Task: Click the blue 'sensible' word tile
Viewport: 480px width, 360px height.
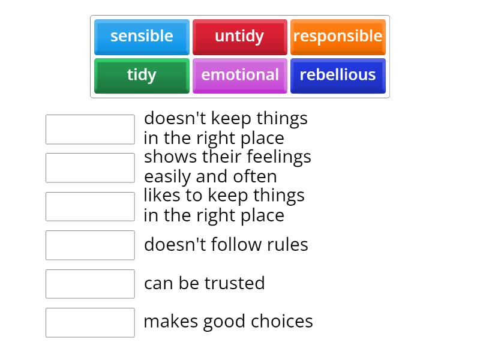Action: pos(142,37)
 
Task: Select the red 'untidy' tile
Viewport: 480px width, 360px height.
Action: pos(239,37)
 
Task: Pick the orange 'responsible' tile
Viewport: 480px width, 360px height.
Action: pos(338,37)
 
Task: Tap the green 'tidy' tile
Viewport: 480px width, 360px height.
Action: pos(142,75)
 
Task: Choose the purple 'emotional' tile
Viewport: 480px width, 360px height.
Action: pos(239,75)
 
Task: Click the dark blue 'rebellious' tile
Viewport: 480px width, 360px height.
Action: pos(338,75)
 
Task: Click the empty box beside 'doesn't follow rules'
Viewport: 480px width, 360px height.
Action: pos(90,245)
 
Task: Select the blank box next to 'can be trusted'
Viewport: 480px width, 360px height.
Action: pos(90,284)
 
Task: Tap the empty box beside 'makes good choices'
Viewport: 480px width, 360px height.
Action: pos(90,322)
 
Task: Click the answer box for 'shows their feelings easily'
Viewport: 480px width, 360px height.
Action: pos(90,167)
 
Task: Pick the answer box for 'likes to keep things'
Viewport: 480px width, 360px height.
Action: pos(90,206)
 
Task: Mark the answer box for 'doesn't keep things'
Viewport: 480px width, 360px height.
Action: pos(90,129)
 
